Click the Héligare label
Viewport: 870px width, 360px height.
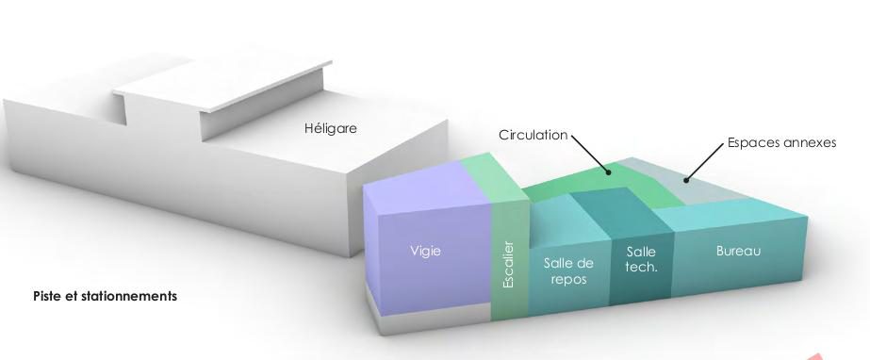[x=331, y=129]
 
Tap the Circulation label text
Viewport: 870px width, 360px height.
[x=533, y=135]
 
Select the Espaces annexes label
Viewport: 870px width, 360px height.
[x=781, y=143]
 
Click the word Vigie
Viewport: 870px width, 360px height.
[x=425, y=251]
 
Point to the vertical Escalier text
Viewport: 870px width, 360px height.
[x=508, y=264]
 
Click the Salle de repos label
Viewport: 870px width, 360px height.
[x=568, y=270]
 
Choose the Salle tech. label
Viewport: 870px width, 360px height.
[x=641, y=259]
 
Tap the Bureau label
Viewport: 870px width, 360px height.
[x=738, y=251]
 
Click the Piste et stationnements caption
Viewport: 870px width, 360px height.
[x=105, y=296]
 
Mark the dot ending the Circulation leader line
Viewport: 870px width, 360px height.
[x=608, y=172]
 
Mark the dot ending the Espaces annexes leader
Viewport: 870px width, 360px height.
[x=686, y=179]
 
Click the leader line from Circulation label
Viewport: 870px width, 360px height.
[x=589, y=153]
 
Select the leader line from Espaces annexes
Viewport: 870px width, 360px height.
[x=705, y=162]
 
